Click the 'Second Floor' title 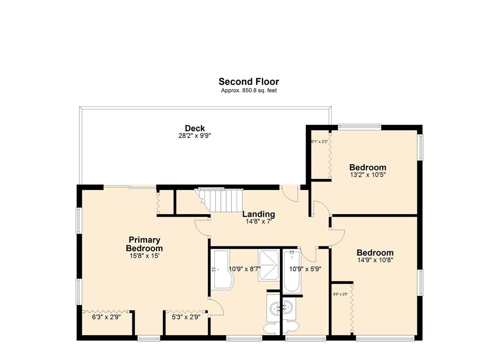click(x=248, y=82)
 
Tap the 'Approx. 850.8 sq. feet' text click(x=248, y=91)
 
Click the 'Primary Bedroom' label click(x=145, y=244)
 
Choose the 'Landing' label click(x=259, y=214)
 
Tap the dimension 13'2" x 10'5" click(x=368, y=174)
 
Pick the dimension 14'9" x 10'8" click(x=374, y=260)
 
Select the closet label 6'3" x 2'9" click(x=106, y=317)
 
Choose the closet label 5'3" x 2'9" click(x=186, y=317)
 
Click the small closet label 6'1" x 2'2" click(x=319, y=142)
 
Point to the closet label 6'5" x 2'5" click(x=340, y=294)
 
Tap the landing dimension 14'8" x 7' click(x=259, y=221)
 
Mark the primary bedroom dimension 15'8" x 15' click(x=145, y=256)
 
